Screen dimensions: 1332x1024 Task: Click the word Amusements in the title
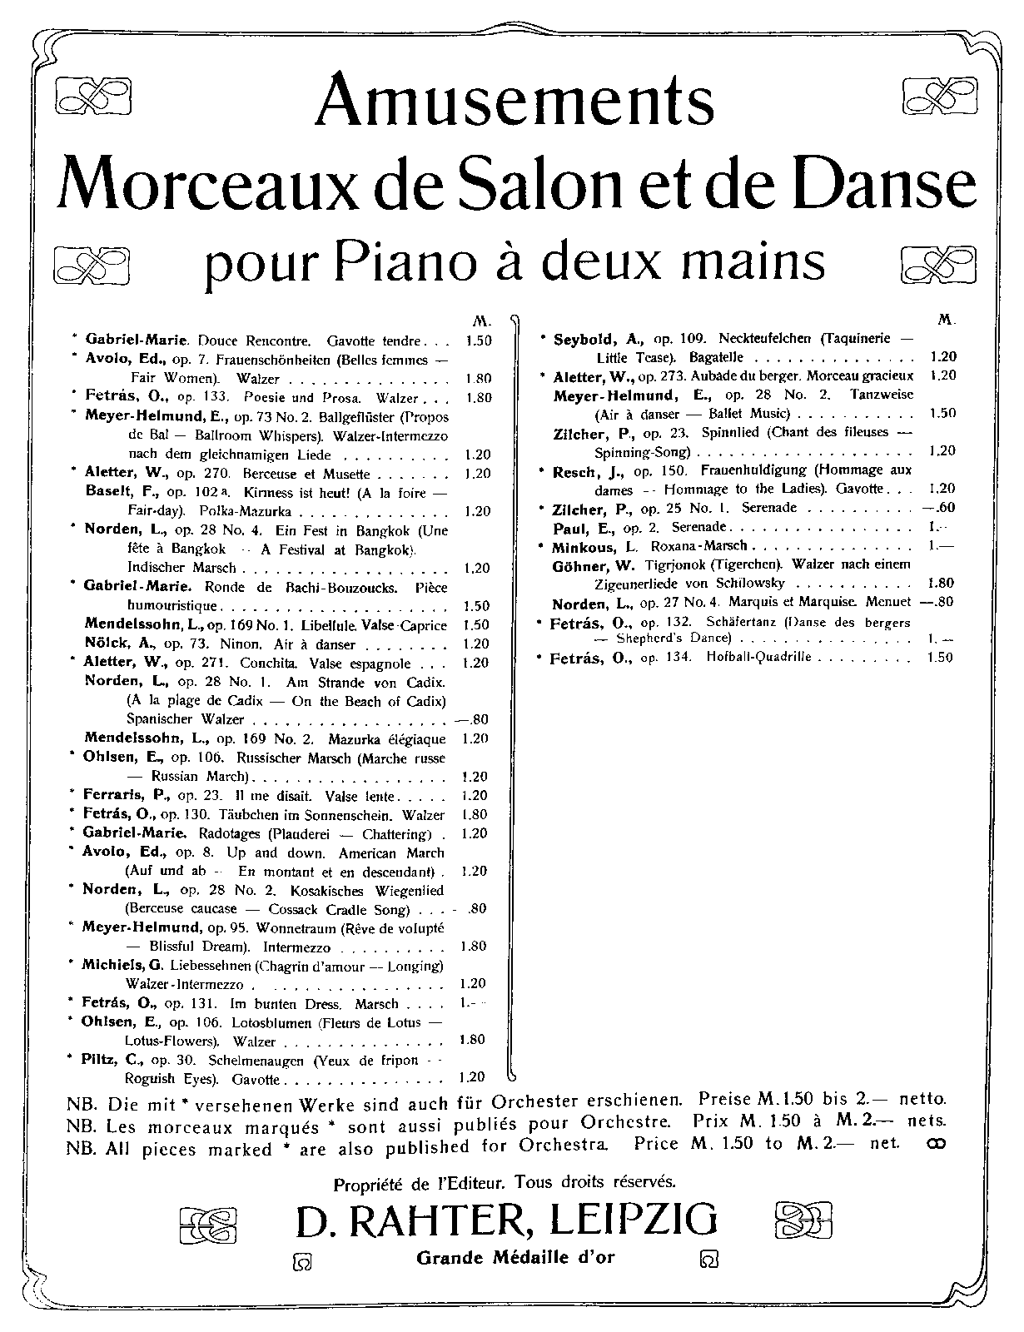(514, 101)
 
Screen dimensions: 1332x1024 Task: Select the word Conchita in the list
(270, 664)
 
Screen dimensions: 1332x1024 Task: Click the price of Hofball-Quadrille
(940, 658)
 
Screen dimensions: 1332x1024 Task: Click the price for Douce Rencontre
(479, 340)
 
